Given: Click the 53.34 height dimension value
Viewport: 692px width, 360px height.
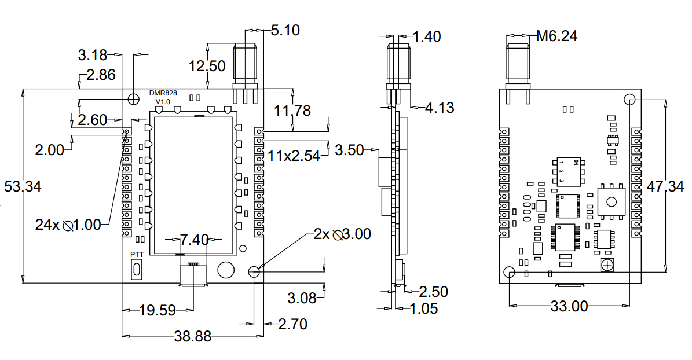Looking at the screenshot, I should pyautogui.click(x=23, y=187).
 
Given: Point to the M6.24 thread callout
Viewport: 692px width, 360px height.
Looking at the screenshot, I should pyautogui.click(x=556, y=36).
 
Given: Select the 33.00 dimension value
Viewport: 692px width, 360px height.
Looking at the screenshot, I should pyautogui.click(x=569, y=306).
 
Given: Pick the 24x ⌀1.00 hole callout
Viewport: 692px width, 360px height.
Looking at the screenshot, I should pyautogui.click(x=68, y=225).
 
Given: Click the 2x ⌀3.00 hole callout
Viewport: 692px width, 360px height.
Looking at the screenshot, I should pyautogui.click(x=342, y=234).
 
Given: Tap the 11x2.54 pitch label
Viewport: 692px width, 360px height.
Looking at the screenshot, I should pyautogui.click(x=294, y=156).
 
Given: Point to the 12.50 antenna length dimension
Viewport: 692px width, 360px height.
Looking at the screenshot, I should pyautogui.click(x=207, y=66).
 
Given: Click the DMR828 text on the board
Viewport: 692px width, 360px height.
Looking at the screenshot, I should pyautogui.click(x=163, y=93).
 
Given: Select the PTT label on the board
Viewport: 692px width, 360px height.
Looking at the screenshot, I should pyautogui.click(x=137, y=255).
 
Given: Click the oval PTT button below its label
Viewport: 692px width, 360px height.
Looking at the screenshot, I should pyautogui.click(x=137, y=269).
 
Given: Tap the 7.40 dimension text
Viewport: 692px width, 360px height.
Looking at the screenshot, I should pyautogui.click(x=194, y=240).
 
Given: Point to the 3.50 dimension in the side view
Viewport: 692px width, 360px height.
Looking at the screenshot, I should pyautogui.click(x=349, y=150).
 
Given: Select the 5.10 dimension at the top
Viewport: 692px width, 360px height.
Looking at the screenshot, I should pyautogui.click(x=285, y=30).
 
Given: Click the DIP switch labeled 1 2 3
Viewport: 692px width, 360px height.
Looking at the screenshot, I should pyautogui.click(x=567, y=172).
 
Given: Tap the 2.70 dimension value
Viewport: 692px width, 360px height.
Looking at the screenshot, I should pyautogui.click(x=292, y=324).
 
